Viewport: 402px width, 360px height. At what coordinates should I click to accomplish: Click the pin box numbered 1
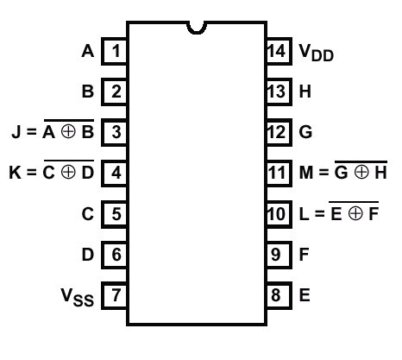tap(114, 51)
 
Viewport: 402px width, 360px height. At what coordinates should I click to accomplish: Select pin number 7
tap(114, 295)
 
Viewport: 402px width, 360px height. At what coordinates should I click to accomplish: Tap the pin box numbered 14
tap(280, 51)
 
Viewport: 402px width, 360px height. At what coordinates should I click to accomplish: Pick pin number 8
tap(280, 295)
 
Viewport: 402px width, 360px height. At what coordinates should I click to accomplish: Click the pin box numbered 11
tap(280, 173)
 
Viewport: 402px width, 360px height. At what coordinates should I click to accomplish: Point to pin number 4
tap(114, 173)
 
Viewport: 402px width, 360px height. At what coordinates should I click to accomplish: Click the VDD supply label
tap(317, 53)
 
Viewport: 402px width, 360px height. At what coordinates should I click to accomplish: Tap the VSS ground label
tap(78, 297)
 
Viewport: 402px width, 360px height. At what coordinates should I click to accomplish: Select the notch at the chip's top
tap(197, 28)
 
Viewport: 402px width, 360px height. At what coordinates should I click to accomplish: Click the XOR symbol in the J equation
tap(68, 132)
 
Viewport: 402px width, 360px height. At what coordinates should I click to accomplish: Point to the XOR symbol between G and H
tap(361, 173)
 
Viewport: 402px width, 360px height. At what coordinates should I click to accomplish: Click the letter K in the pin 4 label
tap(15, 173)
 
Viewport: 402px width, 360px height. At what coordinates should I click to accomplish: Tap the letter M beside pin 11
tap(306, 173)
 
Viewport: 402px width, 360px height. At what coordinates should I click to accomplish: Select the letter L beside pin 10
tap(305, 214)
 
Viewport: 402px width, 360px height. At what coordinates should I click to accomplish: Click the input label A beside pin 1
tap(88, 51)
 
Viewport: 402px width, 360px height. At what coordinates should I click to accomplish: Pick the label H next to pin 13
tap(305, 92)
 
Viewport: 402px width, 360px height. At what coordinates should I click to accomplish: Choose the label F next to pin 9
tap(304, 255)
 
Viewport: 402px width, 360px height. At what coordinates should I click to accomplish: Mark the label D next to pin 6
tap(88, 255)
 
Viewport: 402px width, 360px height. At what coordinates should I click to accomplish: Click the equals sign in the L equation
tap(319, 214)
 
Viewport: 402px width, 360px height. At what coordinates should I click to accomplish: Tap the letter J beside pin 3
tap(16, 132)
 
